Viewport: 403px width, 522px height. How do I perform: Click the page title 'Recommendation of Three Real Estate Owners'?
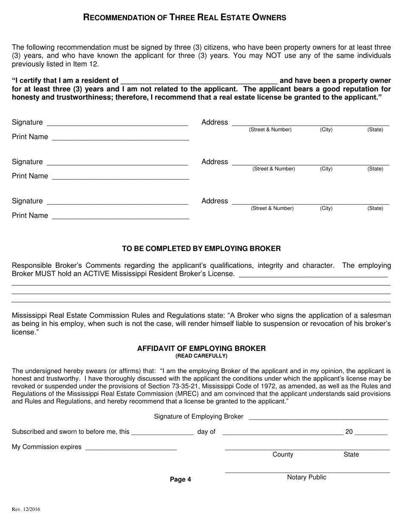(185, 17)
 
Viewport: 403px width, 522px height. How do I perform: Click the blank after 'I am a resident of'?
(199, 81)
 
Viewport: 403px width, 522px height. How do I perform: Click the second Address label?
(215, 162)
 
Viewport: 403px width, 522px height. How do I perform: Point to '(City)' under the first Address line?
(326, 129)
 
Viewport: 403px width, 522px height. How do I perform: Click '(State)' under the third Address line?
(375, 208)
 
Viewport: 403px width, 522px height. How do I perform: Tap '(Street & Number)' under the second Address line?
(274, 169)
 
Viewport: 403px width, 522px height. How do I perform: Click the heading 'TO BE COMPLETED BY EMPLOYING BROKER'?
(201, 249)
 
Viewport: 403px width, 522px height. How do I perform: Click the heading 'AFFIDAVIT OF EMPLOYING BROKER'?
(201, 348)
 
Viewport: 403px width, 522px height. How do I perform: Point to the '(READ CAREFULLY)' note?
(201, 356)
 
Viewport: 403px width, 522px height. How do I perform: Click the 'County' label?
(283, 455)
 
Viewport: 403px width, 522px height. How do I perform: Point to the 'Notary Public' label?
(307, 477)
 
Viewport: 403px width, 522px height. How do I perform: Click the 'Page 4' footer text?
(180, 480)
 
